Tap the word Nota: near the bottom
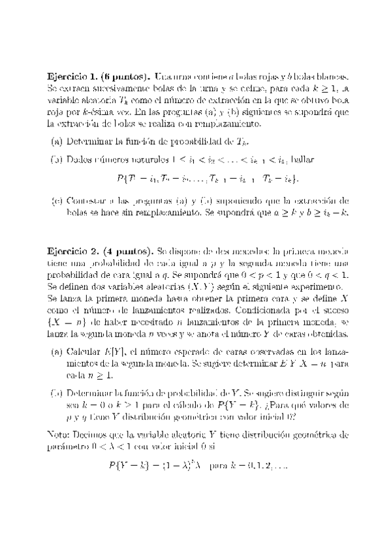coord(60,434)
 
